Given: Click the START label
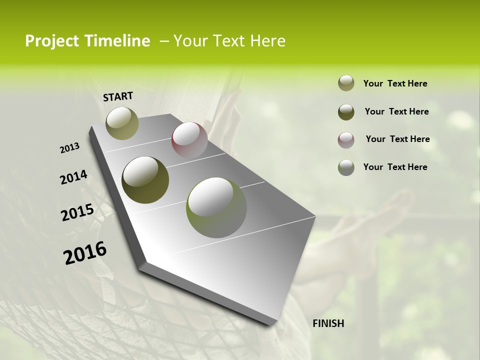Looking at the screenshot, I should click(x=118, y=96).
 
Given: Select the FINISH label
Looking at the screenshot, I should click(x=328, y=323).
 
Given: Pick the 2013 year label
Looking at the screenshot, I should click(x=70, y=148).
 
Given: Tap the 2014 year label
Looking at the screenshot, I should click(x=73, y=177).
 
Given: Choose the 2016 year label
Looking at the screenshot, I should click(x=85, y=253).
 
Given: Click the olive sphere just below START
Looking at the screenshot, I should click(x=122, y=123).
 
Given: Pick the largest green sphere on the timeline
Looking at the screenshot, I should click(x=216, y=207).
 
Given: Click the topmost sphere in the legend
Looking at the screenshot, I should click(x=346, y=83).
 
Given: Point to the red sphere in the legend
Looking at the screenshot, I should click(x=346, y=140).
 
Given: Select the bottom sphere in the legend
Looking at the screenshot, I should click(x=346, y=167).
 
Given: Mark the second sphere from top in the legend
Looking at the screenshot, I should click(x=346, y=112).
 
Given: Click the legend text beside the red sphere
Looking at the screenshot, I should click(x=397, y=139).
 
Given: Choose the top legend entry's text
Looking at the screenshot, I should click(x=395, y=83).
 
